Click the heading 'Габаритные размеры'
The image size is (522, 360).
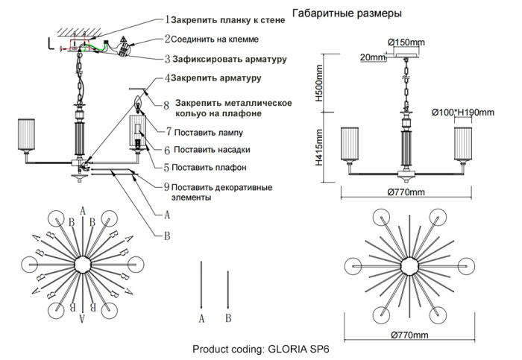[x=348, y=13]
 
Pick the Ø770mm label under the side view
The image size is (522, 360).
[x=406, y=193]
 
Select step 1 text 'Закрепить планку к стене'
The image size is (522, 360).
[x=227, y=19]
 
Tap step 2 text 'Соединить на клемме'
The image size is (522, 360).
[x=216, y=39]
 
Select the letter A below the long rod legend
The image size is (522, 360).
[x=201, y=318]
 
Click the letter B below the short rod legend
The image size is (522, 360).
[x=228, y=318]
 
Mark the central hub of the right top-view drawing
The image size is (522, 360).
[x=409, y=265]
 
